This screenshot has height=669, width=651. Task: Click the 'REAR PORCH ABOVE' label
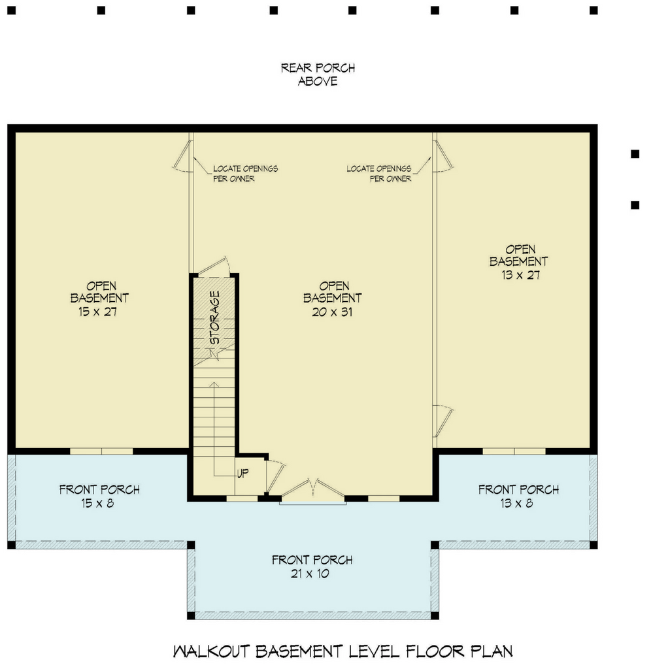318,74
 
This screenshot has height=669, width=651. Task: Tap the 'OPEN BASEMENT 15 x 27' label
99,299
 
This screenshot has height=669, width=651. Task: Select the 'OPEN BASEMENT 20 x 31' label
333,299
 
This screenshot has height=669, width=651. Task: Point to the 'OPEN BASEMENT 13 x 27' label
519,262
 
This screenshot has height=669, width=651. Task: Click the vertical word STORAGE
215,318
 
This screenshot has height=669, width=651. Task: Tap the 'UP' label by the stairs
243,473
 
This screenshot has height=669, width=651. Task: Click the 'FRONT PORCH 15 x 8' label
99,496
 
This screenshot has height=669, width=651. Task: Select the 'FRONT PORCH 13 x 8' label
519,496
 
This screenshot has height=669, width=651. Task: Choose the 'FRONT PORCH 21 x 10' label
312,566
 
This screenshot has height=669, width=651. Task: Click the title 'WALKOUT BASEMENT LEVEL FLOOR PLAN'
342,651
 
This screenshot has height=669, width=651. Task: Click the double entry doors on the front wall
313,490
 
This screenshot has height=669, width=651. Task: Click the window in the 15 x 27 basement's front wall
101,451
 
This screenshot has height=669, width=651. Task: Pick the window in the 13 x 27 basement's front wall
514,451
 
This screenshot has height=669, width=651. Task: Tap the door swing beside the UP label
275,477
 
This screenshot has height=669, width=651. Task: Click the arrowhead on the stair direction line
214,385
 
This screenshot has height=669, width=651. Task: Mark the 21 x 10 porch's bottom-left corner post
191,615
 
